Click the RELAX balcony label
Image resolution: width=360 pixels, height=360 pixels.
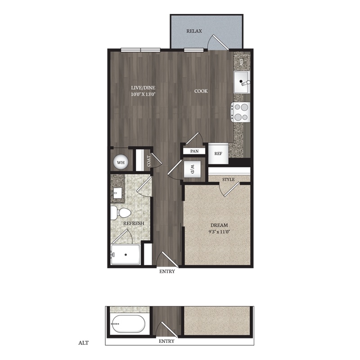pyautogui.click(x=194, y=31)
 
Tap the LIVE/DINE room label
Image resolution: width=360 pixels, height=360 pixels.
pyautogui.click(x=143, y=88)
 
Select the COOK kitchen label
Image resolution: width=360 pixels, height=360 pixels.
pyautogui.click(x=201, y=91)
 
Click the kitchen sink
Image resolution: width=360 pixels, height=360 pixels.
pyautogui.click(x=242, y=82)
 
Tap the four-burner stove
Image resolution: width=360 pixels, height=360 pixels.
pyautogui.click(x=240, y=112)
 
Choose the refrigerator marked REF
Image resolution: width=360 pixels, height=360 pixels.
pyautogui.click(x=218, y=153)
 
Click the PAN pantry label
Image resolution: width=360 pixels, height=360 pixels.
pyautogui.click(x=194, y=151)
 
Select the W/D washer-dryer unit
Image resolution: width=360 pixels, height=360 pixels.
pyautogui.click(x=193, y=169)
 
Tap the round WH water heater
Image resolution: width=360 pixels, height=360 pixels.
pyautogui.click(x=121, y=162)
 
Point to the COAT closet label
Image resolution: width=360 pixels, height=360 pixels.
pyautogui.click(x=148, y=161)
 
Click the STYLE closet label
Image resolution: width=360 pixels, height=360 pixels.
pyautogui.click(x=229, y=179)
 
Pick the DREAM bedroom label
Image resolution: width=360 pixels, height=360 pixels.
pyautogui.click(x=219, y=225)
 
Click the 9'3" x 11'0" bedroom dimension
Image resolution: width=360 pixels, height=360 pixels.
pyautogui.click(x=219, y=232)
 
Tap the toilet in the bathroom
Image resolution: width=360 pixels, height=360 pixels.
pyautogui.click(x=121, y=213)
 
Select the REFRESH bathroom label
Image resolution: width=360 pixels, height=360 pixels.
pyautogui.click(x=134, y=223)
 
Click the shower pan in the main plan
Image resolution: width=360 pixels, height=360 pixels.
pyautogui.click(x=126, y=255)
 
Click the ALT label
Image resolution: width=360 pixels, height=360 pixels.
pyautogui.click(x=83, y=343)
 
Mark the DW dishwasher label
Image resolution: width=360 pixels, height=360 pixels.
pyautogui.click(x=241, y=62)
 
